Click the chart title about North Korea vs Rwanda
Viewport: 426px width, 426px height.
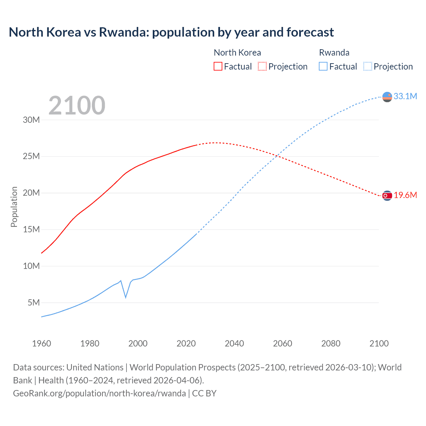(171, 32)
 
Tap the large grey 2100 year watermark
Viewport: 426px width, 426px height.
(77, 106)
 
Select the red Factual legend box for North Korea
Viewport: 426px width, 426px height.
(218, 66)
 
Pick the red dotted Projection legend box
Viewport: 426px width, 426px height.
(262, 66)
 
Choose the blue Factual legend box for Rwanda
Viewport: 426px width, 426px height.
(323, 66)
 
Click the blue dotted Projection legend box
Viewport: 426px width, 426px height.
(367, 66)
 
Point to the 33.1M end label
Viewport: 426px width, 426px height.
(405, 96)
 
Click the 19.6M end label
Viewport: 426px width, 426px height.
(405, 195)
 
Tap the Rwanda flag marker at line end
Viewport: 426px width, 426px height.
(387, 97)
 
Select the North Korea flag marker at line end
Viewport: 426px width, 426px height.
(387, 196)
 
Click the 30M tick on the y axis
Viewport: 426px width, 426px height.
(31, 120)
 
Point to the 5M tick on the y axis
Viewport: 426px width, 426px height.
(34, 303)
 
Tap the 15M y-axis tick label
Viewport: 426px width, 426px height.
(31, 229)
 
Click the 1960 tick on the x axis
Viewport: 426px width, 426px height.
(42, 343)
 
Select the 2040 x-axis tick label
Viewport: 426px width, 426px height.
(234, 343)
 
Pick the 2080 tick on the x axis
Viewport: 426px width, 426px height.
(331, 343)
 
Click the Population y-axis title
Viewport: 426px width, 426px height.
(14, 207)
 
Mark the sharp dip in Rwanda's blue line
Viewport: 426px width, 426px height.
(125, 297)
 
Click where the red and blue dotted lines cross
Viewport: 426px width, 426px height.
(277, 156)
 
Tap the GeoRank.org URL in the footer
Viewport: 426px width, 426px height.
(100, 393)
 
